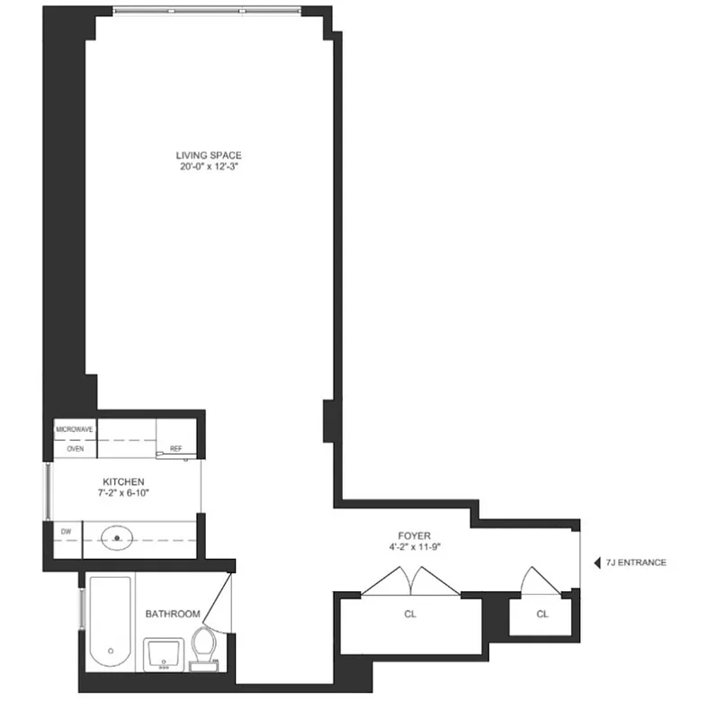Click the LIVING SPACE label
tap(209, 155)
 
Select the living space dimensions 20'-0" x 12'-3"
tap(209, 166)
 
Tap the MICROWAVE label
tap(75, 429)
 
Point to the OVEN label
tap(75, 448)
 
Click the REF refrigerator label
tap(175, 447)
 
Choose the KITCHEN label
tap(123, 481)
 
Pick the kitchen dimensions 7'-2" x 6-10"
tap(123, 493)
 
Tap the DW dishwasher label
tap(66, 532)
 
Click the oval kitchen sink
tap(117, 540)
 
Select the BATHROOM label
tap(173, 614)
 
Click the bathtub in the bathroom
tap(109, 623)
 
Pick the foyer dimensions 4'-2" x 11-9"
tap(415, 546)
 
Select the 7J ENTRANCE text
tap(636, 562)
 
